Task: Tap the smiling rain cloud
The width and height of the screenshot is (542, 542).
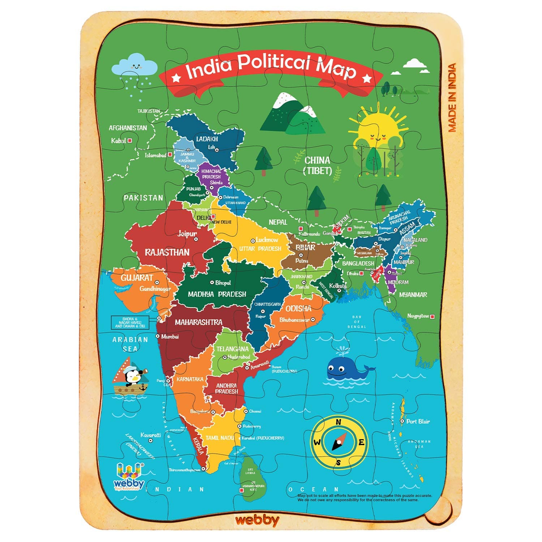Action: [135, 66]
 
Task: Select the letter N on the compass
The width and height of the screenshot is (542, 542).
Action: [339, 422]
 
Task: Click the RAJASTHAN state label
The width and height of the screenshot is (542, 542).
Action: [167, 252]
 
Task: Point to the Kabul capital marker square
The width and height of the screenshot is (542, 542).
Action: [130, 141]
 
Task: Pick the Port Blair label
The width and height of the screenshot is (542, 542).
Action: [418, 421]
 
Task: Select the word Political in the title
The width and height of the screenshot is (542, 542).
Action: [274, 63]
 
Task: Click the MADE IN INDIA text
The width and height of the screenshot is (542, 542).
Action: [452, 98]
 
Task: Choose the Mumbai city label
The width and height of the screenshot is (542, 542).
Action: [169, 336]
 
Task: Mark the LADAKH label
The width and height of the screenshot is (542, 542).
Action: [207, 139]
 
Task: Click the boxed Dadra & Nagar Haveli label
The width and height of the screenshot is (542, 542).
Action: [130, 322]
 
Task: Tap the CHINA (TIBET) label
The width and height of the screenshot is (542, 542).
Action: [317, 165]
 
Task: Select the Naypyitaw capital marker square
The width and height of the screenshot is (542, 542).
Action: [432, 317]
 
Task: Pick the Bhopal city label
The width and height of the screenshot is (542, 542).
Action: [223, 283]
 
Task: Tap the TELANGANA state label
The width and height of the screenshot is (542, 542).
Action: [232, 349]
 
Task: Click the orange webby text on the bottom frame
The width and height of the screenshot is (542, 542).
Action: [257, 520]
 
